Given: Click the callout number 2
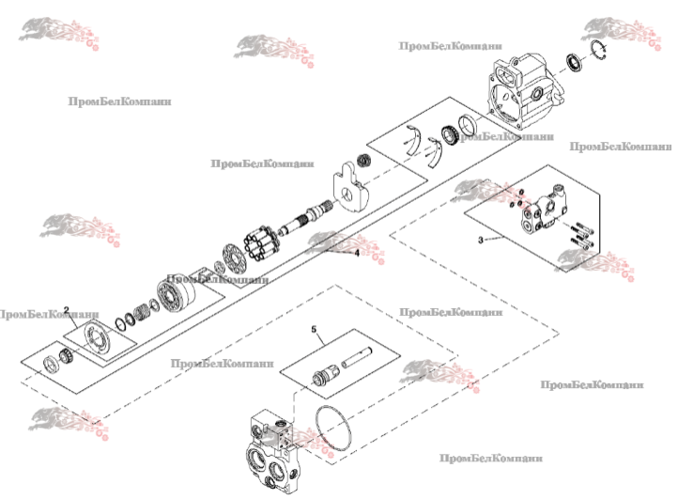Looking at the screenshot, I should pos(67,309).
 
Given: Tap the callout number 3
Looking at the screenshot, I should pos(481,241).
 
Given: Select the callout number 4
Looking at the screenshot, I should pos(357,253).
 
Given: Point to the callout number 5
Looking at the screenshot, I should pos(316,331).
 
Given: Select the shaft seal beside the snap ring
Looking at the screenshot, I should pos(570,64).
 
